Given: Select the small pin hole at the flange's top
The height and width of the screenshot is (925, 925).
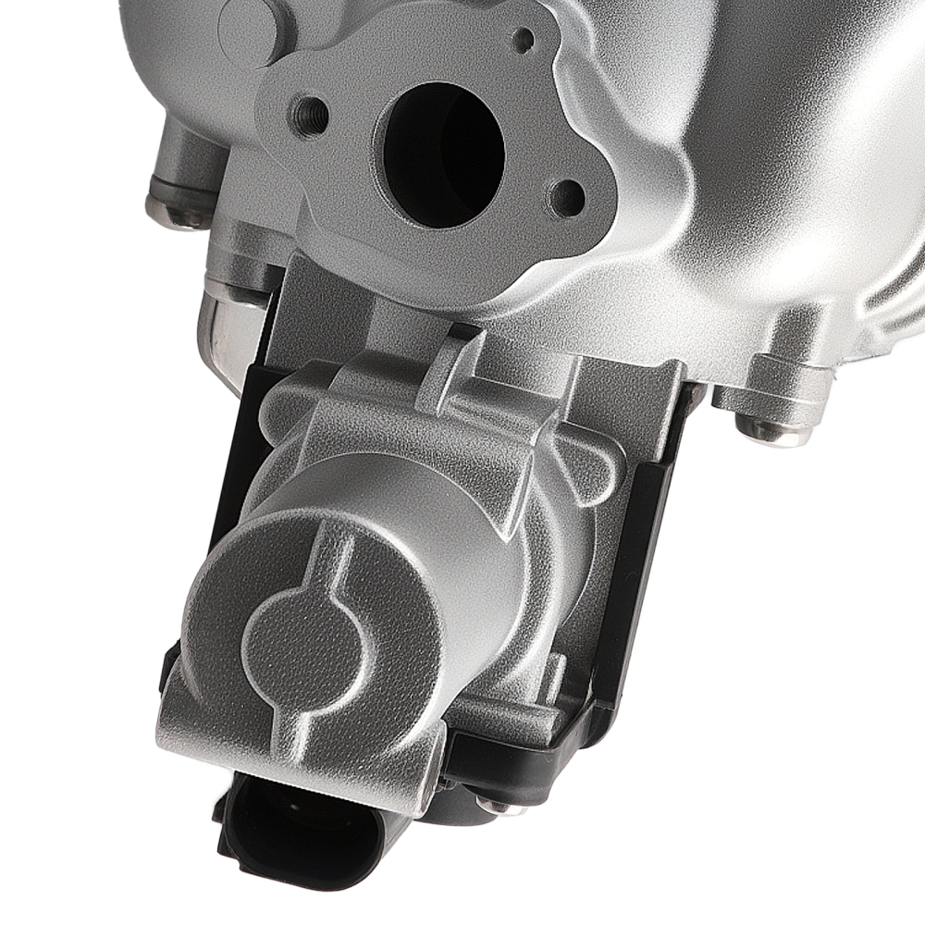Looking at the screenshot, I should coord(524,38).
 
